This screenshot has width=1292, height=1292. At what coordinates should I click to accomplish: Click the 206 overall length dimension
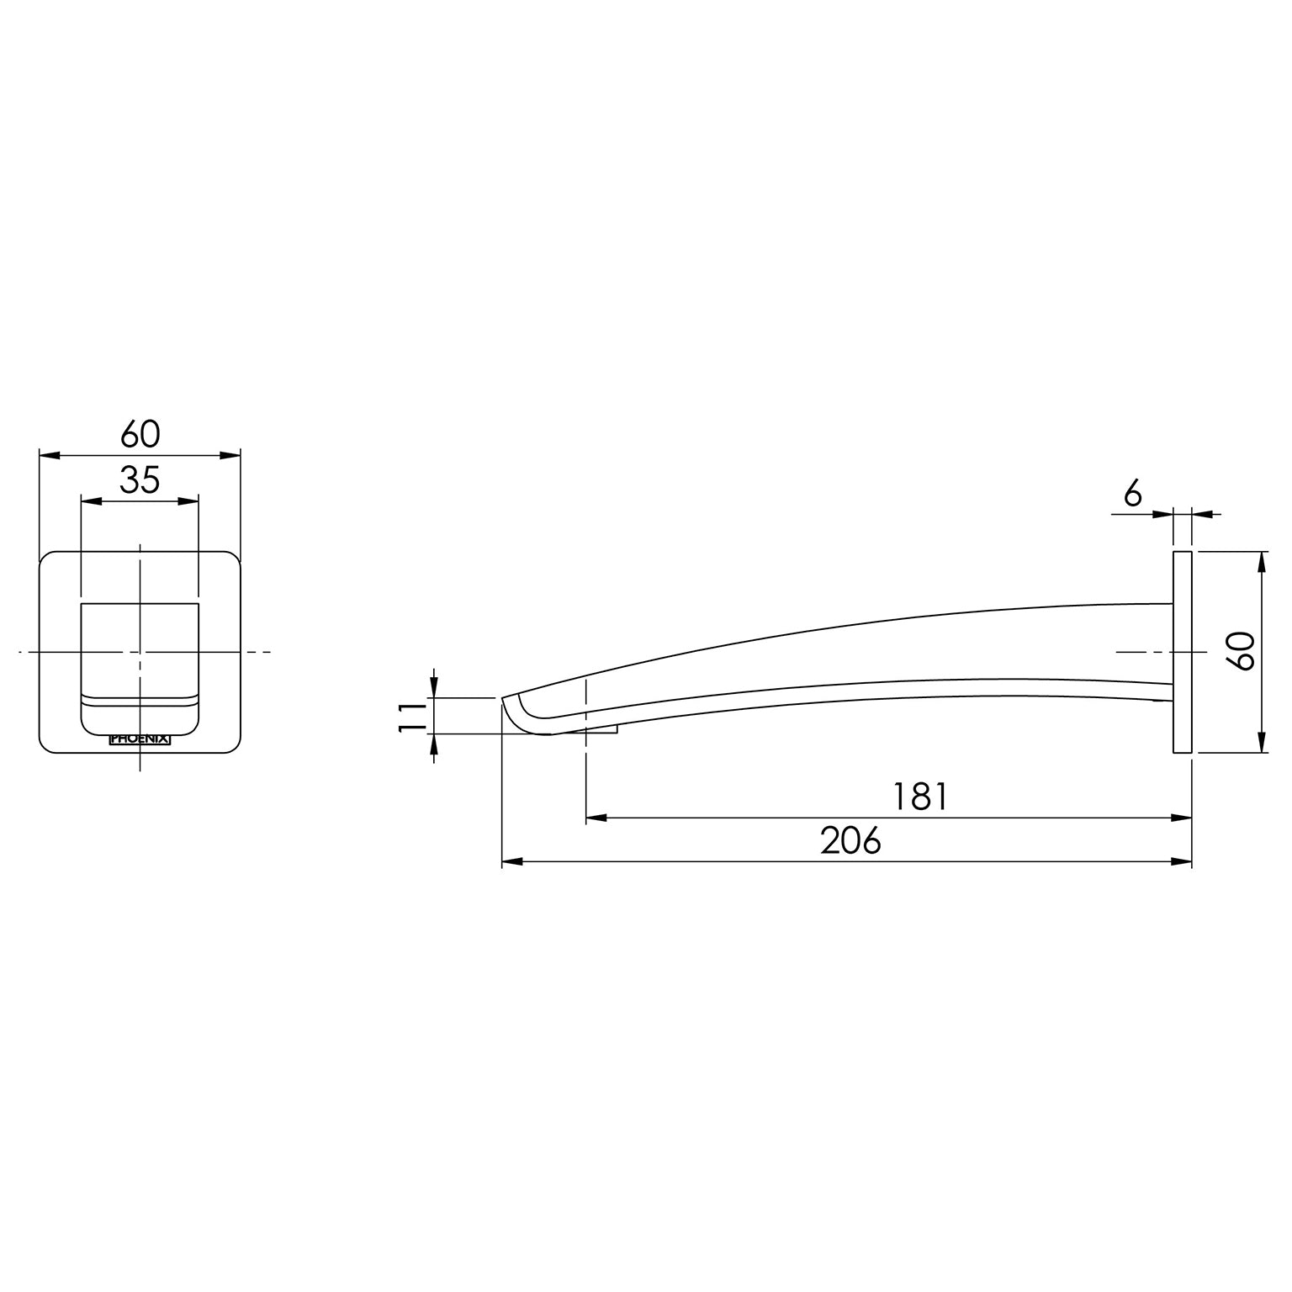click(x=850, y=840)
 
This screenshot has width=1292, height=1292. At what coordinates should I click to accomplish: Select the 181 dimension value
click(x=921, y=796)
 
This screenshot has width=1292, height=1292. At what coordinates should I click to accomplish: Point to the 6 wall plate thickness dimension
click(x=1133, y=495)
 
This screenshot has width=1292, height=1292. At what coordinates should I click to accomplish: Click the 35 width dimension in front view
click(x=140, y=480)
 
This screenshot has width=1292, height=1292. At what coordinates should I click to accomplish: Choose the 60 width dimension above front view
click(x=140, y=435)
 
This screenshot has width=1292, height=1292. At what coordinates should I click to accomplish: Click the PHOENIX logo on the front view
click(x=140, y=739)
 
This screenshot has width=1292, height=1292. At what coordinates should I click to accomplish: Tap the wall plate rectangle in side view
click(x=1182, y=652)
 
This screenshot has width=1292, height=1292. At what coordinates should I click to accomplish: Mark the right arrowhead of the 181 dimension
click(x=1183, y=817)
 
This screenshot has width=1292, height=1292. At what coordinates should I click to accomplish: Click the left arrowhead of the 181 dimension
click(x=596, y=817)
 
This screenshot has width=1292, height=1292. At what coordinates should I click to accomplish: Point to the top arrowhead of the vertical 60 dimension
click(x=1262, y=562)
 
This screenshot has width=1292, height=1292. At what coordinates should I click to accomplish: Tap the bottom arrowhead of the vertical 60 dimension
click(x=1262, y=743)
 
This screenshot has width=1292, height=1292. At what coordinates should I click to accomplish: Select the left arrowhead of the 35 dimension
click(x=90, y=501)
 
